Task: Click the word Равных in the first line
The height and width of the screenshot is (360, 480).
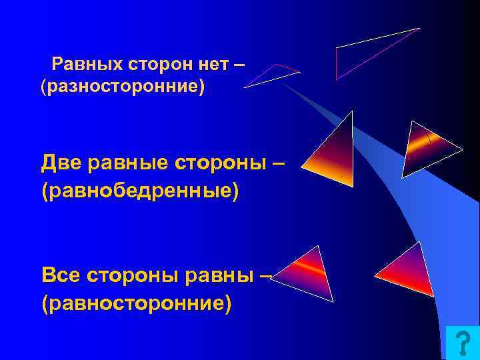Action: (83, 64)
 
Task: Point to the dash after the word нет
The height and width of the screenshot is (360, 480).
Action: (240, 64)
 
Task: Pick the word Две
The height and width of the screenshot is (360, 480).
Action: (63, 163)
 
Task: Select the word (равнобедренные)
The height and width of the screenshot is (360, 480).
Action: (139, 190)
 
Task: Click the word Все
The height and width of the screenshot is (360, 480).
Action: (63, 274)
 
